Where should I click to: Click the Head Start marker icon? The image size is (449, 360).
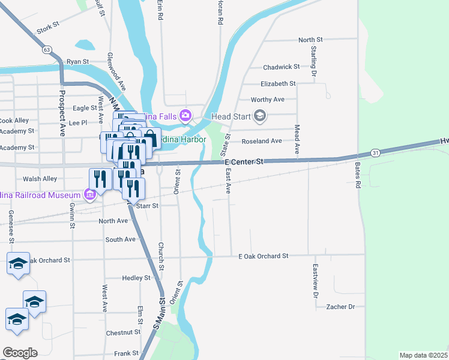point(260,115)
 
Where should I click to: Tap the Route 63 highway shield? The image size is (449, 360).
point(47,50)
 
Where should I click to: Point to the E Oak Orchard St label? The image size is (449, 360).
point(263,256)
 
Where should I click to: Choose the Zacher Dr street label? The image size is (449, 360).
point(340,307)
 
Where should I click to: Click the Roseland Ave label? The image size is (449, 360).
point(261,141)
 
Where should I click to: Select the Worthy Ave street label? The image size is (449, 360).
point(268,99)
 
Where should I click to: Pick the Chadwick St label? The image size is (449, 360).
point(281,67)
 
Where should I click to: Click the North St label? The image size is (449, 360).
point(311,40)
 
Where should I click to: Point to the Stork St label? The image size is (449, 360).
point(48,27)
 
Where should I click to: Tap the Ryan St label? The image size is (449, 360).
point(77,61)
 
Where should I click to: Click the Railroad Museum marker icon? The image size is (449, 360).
point(91,194)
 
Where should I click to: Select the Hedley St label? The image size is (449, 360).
point(136,278)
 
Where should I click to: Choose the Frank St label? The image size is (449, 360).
point(127,353)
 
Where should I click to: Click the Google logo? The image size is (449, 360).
point(19,353)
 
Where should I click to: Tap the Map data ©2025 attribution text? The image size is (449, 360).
point(423,355)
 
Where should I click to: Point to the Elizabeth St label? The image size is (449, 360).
point(278,84)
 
